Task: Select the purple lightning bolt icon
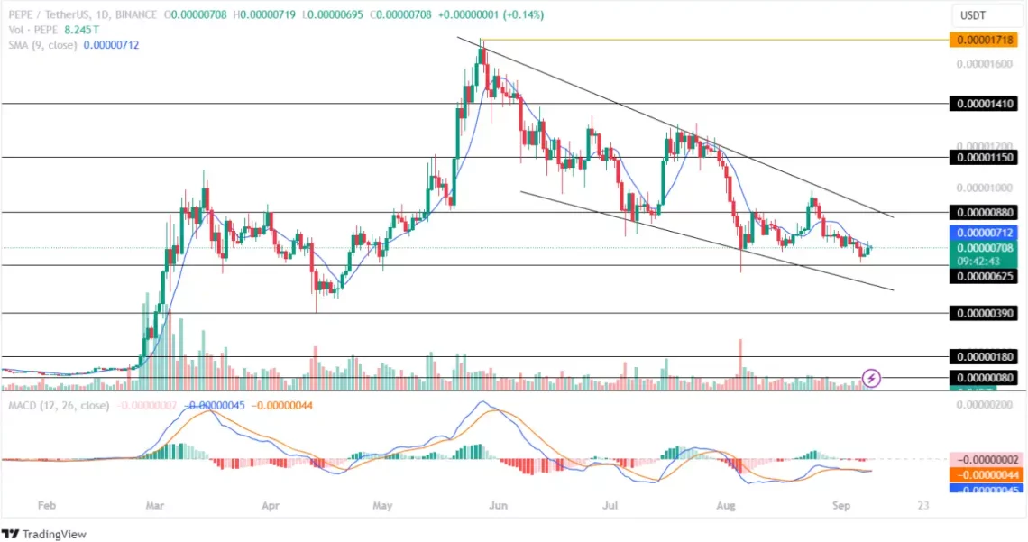pos(871,377)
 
